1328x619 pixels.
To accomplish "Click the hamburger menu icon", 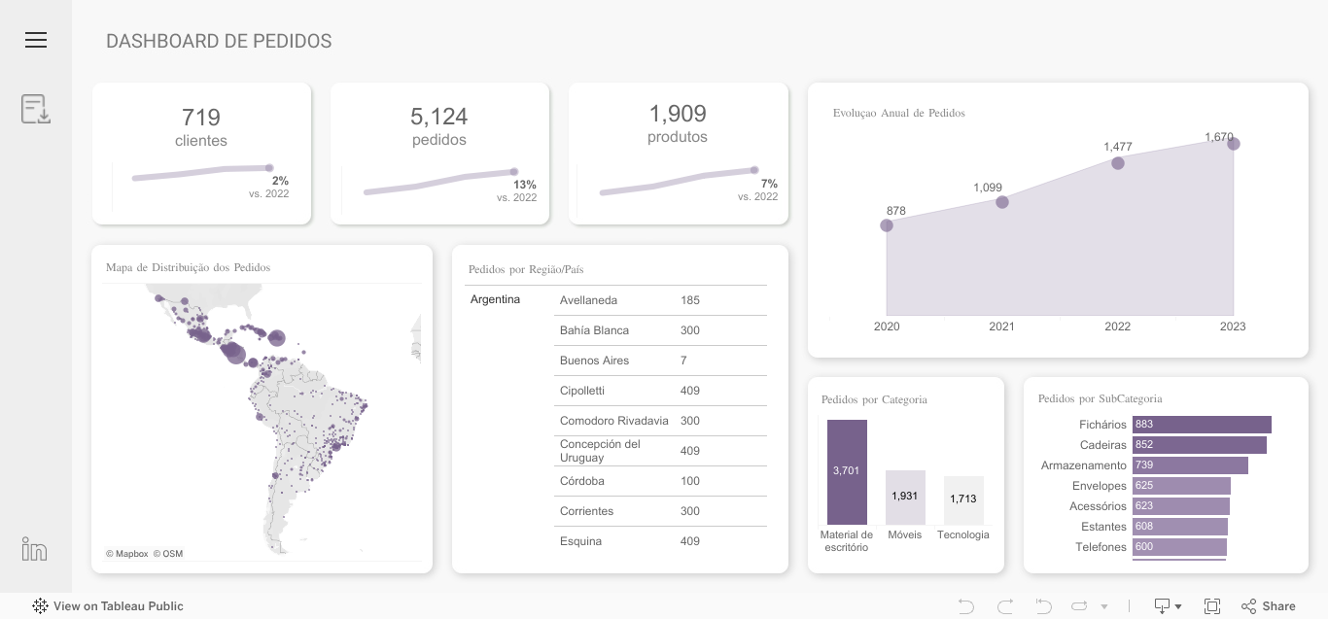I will [x=36, y=40].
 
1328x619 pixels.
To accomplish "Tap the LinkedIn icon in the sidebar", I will [x=35, y=549].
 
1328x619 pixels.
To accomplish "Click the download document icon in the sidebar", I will [x=36, y=109].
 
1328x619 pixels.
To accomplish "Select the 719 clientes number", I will [x=201, y=118].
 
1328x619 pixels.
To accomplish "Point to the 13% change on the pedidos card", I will [x=524, y=185].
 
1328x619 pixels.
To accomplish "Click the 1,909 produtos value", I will [x=678, y=114].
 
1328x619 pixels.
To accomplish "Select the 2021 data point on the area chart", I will [x=1002, y=202].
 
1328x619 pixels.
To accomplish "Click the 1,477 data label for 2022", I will [x=1117, y=147].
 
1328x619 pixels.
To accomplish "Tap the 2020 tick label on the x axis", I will [x=887, y=327].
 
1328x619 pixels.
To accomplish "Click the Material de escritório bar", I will [x=847, y=472].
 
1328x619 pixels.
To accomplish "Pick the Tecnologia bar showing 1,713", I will [x=963, y=499].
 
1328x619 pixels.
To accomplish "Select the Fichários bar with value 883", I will [x=1202, y=425].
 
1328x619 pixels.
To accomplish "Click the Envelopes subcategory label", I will [x=1099, y=486].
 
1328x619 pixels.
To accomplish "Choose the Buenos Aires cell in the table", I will [x=594, y=361].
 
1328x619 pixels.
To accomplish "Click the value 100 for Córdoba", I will [x=690, y=481].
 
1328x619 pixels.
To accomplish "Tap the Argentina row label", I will [x=495, y=299].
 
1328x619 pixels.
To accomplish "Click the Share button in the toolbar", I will [x=1269, y=606].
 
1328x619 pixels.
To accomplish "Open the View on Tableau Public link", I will [x=108, y=606].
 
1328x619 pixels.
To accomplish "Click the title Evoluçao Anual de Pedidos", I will [x=898, y=113].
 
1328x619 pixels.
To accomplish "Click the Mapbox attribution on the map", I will [x=127, y=554].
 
